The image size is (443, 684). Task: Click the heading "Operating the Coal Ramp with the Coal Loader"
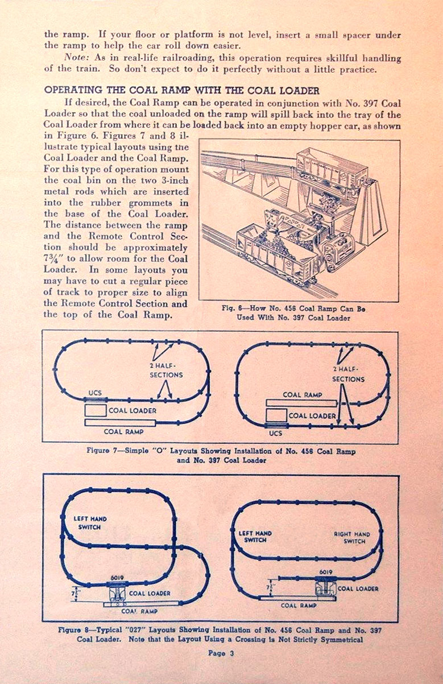181,90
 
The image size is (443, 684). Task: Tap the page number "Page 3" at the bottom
221,653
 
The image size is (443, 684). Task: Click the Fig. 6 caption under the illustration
293,313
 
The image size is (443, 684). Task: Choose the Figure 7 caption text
221,455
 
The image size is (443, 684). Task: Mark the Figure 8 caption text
221,634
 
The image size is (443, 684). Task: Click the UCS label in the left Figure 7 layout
95,393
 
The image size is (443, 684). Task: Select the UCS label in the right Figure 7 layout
275,433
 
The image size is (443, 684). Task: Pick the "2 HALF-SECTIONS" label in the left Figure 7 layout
166,370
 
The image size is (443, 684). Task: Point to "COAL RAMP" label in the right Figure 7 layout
302,394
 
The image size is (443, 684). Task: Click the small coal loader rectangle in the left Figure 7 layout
95,410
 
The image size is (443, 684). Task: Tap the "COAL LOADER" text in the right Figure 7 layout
312,416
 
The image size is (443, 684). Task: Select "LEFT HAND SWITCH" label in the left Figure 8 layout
90,523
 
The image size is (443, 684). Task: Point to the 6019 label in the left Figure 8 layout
117,576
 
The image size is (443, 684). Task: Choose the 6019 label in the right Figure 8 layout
325,572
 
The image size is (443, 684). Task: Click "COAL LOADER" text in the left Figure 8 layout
150,594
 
